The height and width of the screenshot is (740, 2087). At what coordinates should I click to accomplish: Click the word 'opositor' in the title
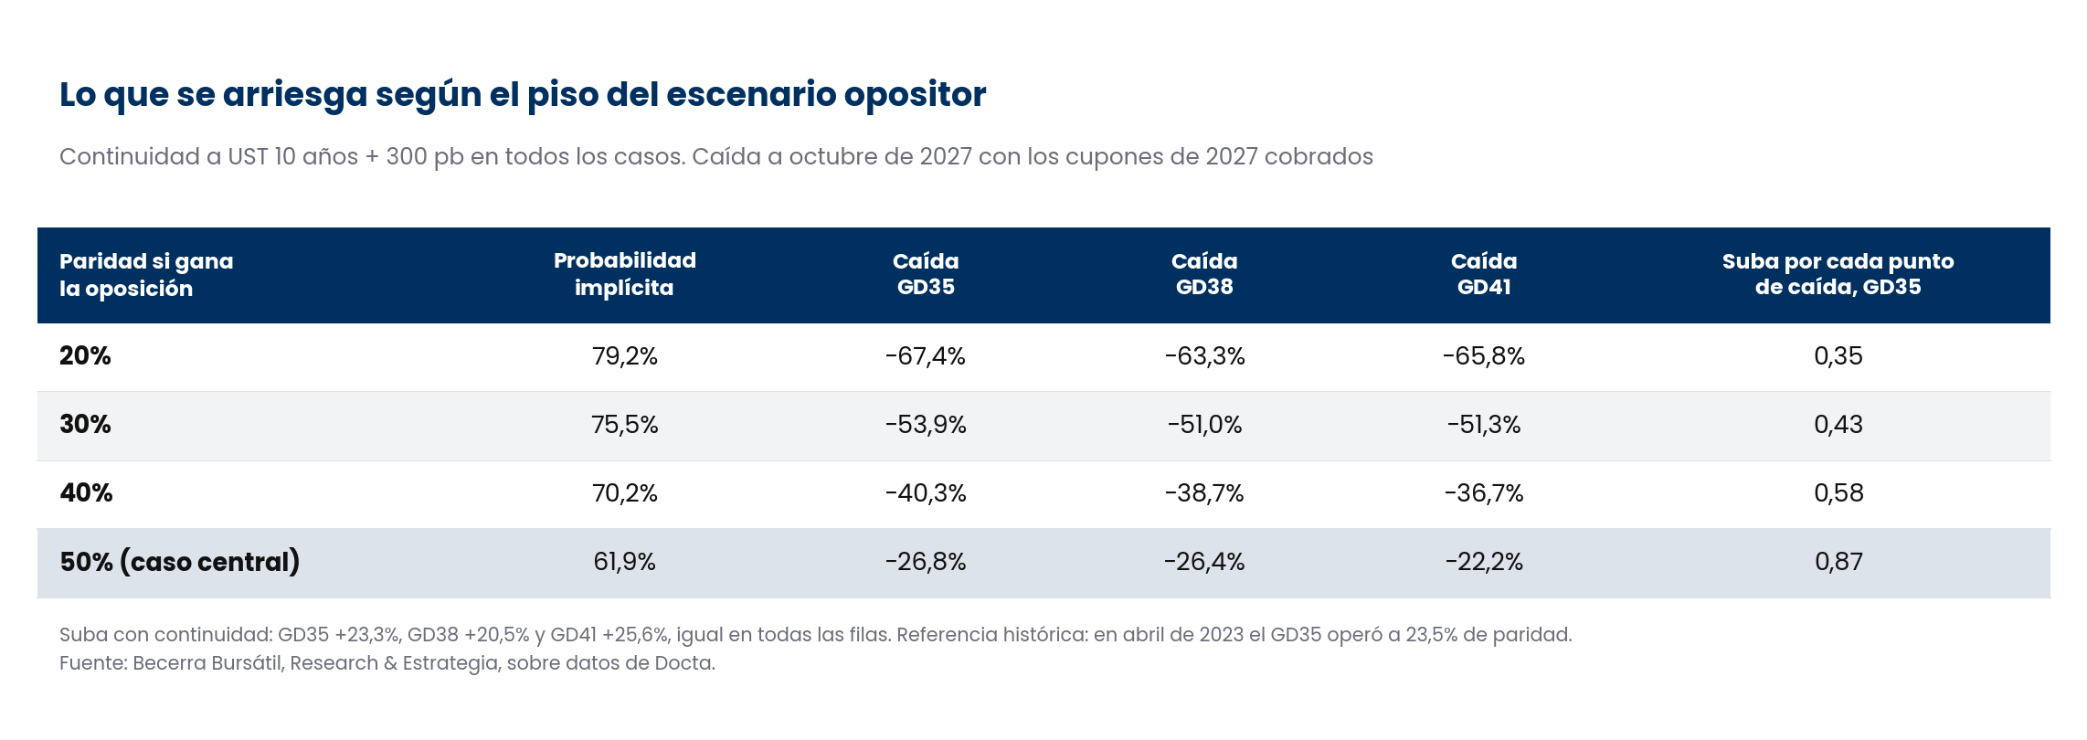[x=915, y=95]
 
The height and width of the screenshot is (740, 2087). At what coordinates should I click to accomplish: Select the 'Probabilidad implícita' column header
[x=625, y=274]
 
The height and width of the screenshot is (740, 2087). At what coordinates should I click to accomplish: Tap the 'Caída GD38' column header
[x=1204, y=274]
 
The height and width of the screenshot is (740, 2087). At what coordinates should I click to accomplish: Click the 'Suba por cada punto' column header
[x=1838, y=274]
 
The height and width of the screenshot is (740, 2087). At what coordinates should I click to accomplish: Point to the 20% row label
[x=85, y=356]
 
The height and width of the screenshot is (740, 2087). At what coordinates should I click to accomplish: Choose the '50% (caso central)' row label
[x=180, y=562]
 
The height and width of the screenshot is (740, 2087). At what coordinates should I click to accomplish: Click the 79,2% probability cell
[x=625, y=356]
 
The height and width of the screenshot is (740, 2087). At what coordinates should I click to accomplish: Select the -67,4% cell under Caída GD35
[x=926, y=356]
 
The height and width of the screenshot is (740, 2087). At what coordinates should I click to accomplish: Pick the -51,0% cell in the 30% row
[x=1204, y=425]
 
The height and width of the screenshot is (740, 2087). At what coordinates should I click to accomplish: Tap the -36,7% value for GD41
[x=1484, y=493]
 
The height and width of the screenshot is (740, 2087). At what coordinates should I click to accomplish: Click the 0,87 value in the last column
[x=1838, y=562]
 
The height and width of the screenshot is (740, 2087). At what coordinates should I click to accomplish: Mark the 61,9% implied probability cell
[x=625, y=562]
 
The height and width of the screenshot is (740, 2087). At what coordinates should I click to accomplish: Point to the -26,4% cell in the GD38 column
[x=1204, y=562]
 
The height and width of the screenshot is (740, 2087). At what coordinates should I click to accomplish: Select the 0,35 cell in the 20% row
[x=1838, y=356]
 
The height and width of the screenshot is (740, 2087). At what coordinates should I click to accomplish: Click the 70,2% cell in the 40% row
[x=625, y=493]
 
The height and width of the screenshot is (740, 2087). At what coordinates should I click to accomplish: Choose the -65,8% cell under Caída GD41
[x=1484, y=356]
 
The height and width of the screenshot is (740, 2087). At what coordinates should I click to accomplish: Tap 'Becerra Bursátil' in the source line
[x=208, y=663]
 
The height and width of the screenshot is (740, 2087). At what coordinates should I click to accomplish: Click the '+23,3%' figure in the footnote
[x=367, y=635]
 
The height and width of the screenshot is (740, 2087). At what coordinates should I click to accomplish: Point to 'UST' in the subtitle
[x=248, y=157]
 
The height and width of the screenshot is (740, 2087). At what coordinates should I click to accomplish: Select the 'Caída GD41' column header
[x=1484, y=274]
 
